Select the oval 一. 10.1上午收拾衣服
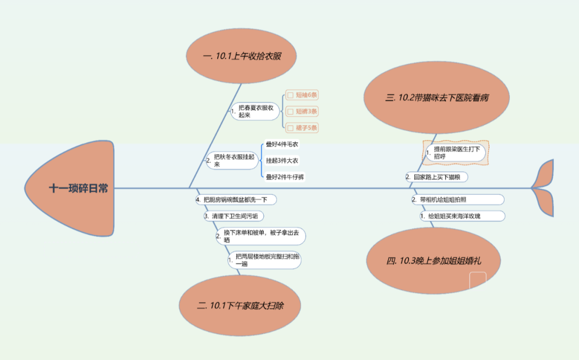242,56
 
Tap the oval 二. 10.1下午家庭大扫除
240,306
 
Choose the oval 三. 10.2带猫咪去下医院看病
436,98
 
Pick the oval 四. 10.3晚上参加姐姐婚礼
434,261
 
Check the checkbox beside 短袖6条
291,95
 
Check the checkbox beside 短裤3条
291,111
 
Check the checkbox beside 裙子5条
291,128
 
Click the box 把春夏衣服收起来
256,111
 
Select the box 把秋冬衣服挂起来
233,160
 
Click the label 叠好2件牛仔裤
285,177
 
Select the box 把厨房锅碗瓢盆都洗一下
236,200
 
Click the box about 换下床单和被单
261,236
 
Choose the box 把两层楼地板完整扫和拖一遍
265,260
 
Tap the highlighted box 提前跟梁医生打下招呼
455,153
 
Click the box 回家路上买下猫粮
440,177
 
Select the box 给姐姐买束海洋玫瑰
462,216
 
